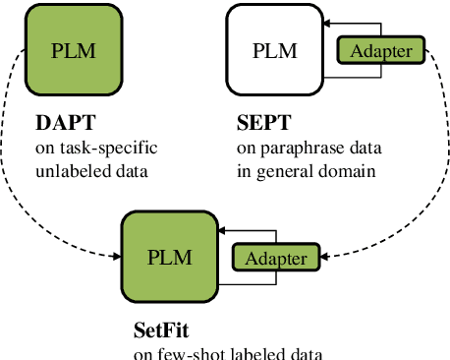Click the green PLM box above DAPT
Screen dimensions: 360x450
point(74,49)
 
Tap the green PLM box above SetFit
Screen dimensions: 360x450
point(168,258)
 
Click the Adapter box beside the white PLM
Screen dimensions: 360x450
point(382,49)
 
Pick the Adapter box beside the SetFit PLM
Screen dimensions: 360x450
point(276,259)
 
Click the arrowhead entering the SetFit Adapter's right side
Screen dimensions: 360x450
point(325,259)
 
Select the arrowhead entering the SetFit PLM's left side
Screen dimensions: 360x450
point(115,259)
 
